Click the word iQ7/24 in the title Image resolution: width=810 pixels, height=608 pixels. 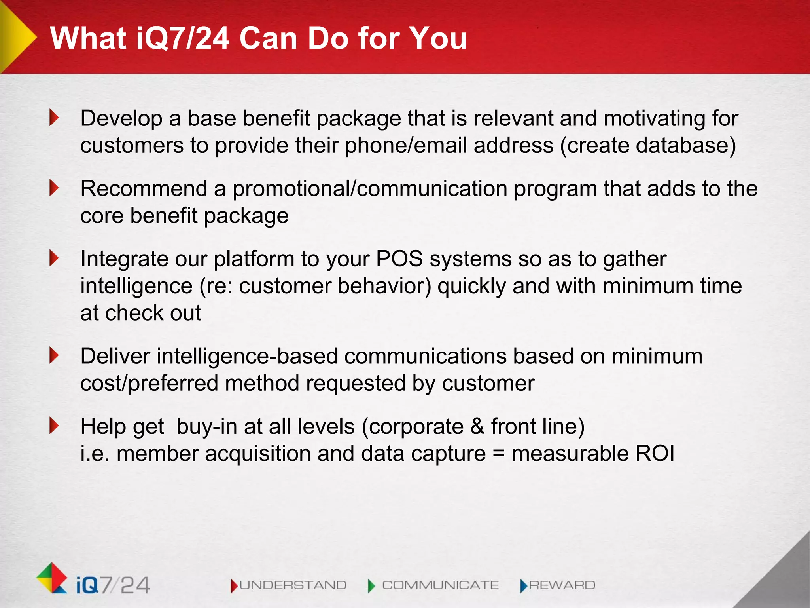click(x=183, y=38)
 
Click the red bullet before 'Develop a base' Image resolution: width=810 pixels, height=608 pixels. click(x=54, y=118)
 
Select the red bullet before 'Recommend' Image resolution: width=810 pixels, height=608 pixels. click(x=54, y=188)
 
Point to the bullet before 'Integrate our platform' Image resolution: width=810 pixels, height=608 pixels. click(x=54, y=258)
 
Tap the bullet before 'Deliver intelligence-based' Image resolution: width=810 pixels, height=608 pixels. click(x=54, y=355)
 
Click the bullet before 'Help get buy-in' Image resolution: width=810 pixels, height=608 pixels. click(x=54, y=426)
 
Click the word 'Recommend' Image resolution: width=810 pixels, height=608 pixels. click(x=144, y=188)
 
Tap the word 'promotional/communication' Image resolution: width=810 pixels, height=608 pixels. click(x=370, y=189)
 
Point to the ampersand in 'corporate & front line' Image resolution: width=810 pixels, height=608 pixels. click(x=477, y=426)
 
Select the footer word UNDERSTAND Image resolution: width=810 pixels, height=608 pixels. click(x=293, y=585)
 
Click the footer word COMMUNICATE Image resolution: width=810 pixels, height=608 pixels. click(x=440, y=585)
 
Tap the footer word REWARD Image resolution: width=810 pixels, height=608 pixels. click(x=562, y=585)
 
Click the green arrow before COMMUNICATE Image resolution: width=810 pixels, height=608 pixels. click(x=371, y=585)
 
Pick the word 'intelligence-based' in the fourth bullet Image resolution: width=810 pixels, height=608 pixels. click(x=247, y=356)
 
